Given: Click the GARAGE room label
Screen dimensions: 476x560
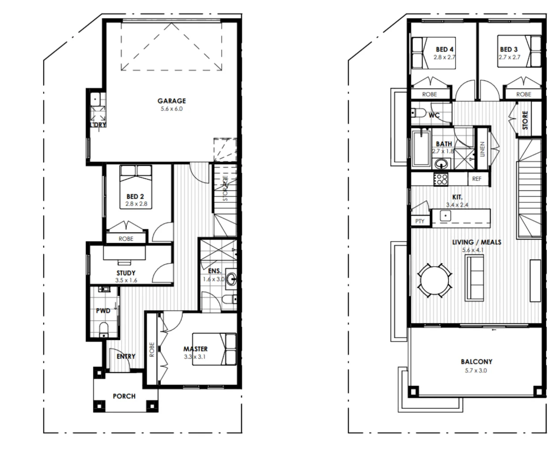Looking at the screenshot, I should coord(172,101).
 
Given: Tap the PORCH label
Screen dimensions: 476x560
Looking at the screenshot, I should coord(124,396).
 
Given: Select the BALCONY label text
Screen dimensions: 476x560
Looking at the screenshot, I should coord(476,361).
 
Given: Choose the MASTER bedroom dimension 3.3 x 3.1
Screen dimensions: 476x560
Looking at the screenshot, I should coord(195,357).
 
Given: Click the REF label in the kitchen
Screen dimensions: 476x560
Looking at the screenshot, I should coord(477,179).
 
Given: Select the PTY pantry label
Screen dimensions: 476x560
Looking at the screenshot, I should coord(420,221).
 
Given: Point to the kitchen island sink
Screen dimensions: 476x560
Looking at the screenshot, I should coord(445,216).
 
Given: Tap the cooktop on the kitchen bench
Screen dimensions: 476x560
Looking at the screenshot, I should coord(441,179).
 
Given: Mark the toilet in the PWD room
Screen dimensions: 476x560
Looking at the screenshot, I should coord(104,329).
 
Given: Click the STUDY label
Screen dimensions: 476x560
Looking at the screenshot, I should coord(126,273).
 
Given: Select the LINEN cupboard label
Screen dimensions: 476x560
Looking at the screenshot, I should coord(482,149).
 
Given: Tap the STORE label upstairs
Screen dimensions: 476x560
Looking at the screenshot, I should coord(525,120).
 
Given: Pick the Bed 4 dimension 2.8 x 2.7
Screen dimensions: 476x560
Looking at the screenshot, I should coord(444,57).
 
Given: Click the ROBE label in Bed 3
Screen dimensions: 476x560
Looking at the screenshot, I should coord(523,94).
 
